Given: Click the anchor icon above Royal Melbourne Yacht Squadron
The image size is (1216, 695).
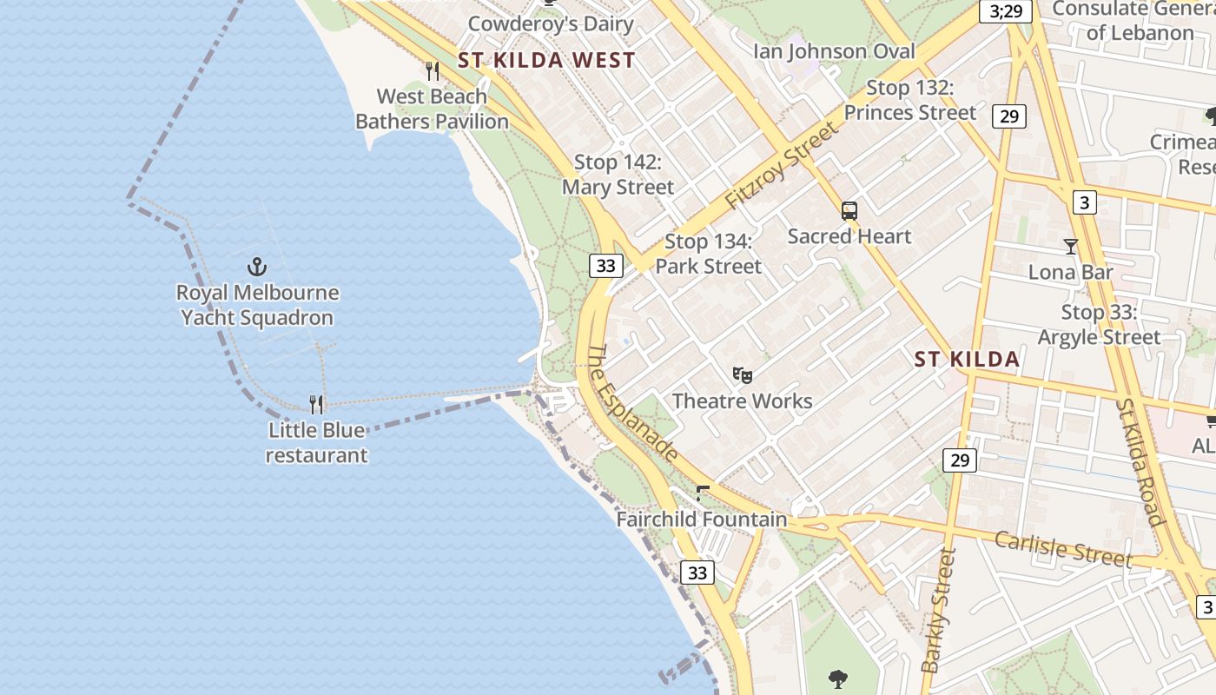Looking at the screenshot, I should click(x=256, y=267).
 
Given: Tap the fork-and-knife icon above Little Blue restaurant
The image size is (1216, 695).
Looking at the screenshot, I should click(x=317, y=404).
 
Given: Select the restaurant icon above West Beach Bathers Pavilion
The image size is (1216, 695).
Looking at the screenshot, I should click(x=432, y=70).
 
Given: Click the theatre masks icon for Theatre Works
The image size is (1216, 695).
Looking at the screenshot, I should click(x=742, y=375).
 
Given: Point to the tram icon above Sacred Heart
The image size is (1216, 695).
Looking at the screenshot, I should click(x=849, y=210).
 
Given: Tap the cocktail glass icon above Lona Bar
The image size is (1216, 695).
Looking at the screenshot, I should click(x=1070, y=247).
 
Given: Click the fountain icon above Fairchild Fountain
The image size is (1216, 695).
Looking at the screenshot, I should click(x=703, y=494).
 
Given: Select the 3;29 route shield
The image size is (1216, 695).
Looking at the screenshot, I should click(x=1006, y=11).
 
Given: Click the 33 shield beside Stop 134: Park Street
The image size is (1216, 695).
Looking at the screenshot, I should click(x=605, y=266).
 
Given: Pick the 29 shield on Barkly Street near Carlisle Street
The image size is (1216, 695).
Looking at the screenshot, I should click(x=959, y=460).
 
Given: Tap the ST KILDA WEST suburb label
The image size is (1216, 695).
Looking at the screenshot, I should click(x=546, y=60).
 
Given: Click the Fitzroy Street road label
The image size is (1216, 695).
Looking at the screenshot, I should click(x=782, y=165).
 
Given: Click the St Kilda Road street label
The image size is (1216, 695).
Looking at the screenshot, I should click(x=1140, y=462).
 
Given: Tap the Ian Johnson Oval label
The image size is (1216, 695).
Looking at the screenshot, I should click(x=834, y=51).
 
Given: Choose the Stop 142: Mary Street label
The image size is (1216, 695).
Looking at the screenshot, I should click(x=618, y=175).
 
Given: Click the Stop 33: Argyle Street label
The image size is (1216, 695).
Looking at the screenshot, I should click(x=1100, y=325).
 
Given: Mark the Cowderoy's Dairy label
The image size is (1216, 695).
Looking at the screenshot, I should click(x=551, y=23).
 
